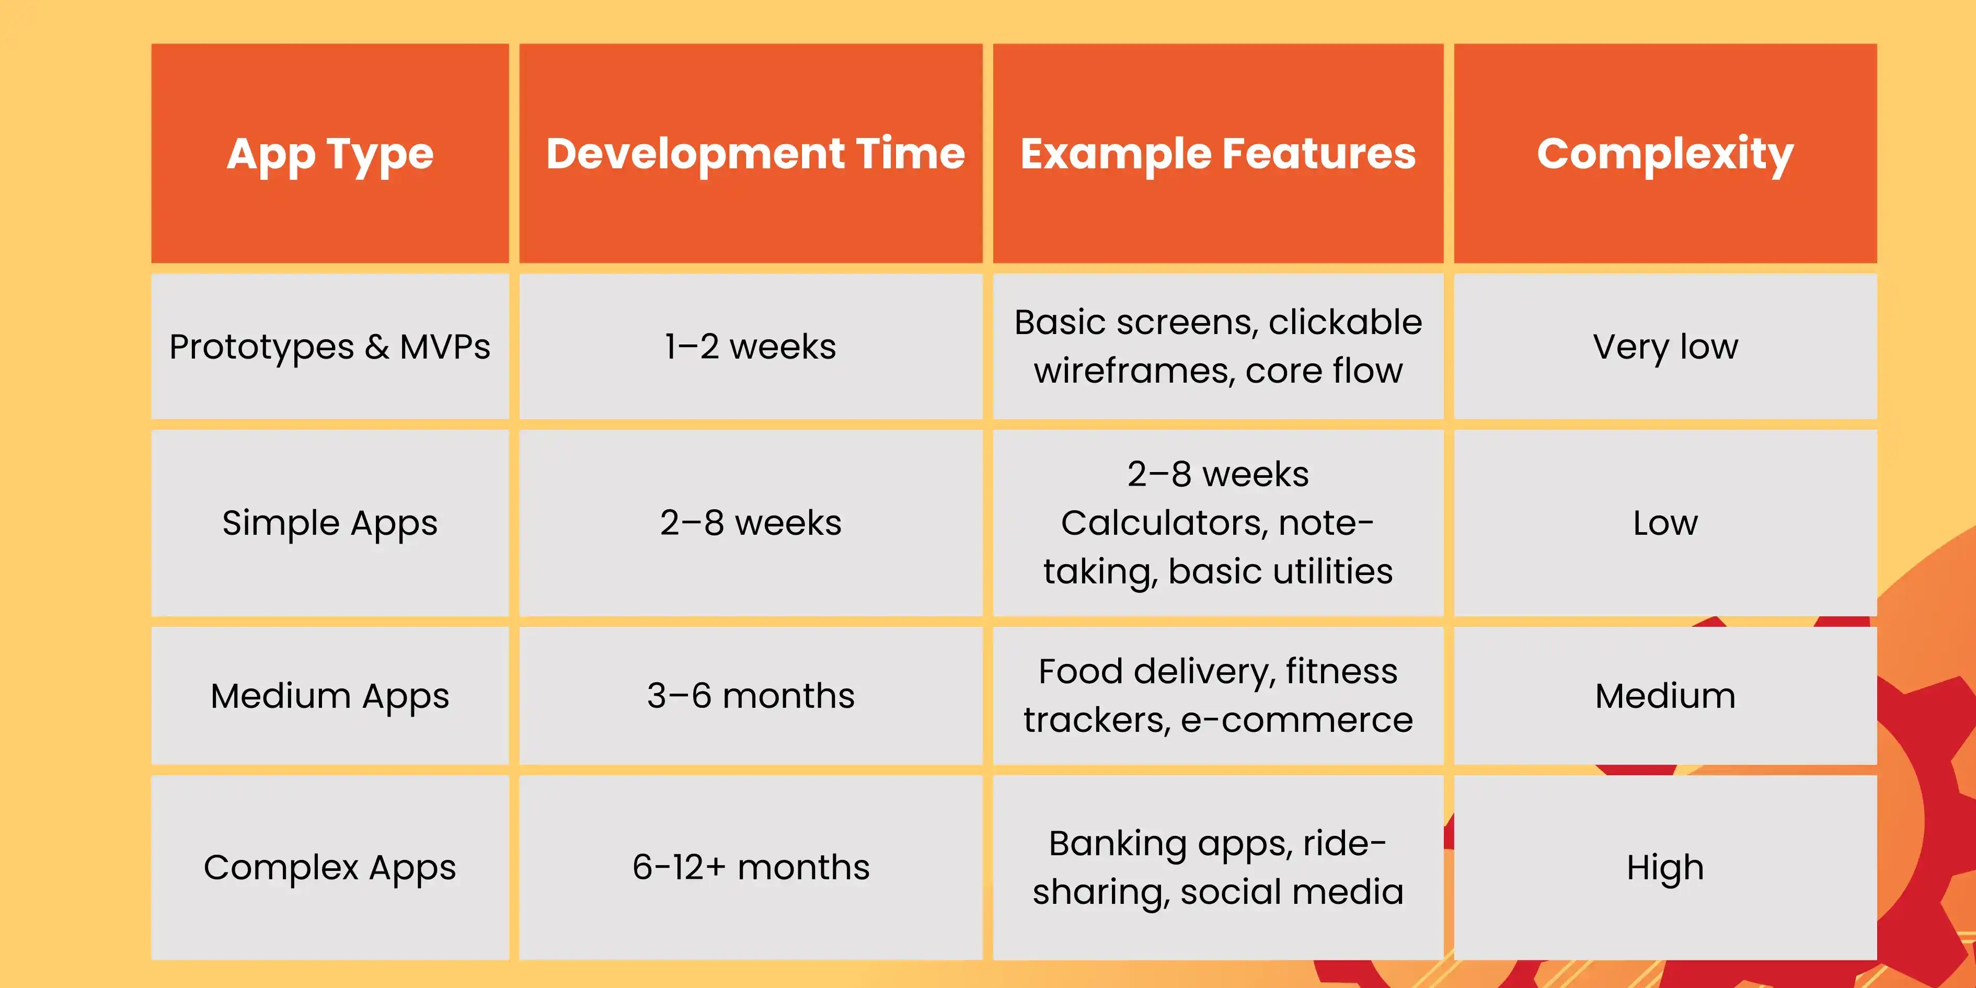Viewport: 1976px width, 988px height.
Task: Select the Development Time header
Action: (755, 153)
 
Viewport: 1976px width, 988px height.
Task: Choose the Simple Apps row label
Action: (330, 524)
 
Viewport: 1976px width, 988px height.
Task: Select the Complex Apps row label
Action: (330, 868)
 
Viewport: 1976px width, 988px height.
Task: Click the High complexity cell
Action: (1665, 868)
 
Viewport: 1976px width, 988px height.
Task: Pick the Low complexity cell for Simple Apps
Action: (1665, 523)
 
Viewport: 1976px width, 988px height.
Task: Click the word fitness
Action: (1341, 671)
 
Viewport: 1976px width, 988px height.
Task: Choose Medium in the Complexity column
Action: (1665, 696)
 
